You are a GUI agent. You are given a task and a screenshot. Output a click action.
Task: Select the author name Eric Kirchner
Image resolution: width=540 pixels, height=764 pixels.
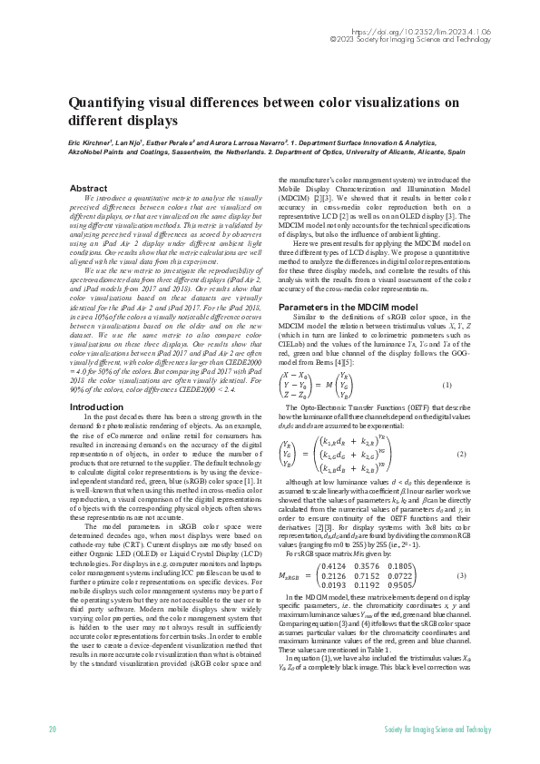tap(92, 143)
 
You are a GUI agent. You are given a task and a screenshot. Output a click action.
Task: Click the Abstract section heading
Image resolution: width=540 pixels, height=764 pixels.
tap(88, 189)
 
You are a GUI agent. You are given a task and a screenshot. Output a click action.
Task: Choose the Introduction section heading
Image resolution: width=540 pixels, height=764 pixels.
tap(96, 407)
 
